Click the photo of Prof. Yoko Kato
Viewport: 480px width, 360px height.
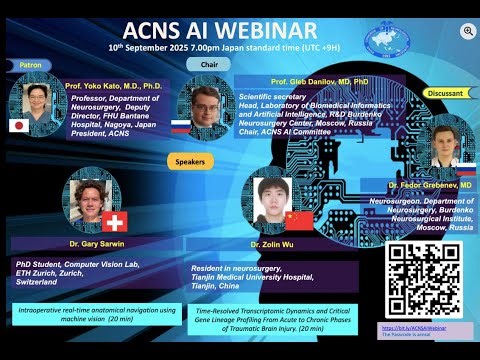39,101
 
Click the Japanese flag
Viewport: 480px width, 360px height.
17,126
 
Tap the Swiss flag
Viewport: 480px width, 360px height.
118,221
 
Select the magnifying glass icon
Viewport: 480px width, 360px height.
466,32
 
